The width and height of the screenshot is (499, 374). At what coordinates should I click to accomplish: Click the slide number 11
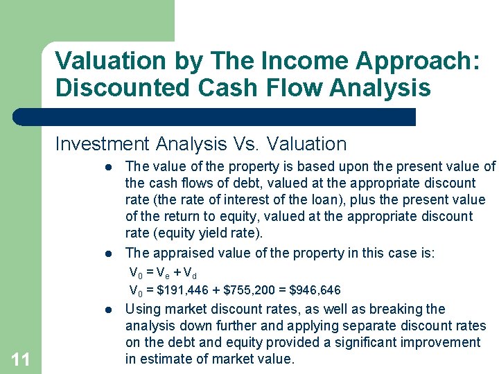click(21, 359)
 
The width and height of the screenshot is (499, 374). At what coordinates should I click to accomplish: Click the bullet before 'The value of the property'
click(109, 167)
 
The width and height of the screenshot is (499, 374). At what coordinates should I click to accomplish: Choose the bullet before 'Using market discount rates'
click(109, 310)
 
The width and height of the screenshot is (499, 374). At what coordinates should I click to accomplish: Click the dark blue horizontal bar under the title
click(215, 116)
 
